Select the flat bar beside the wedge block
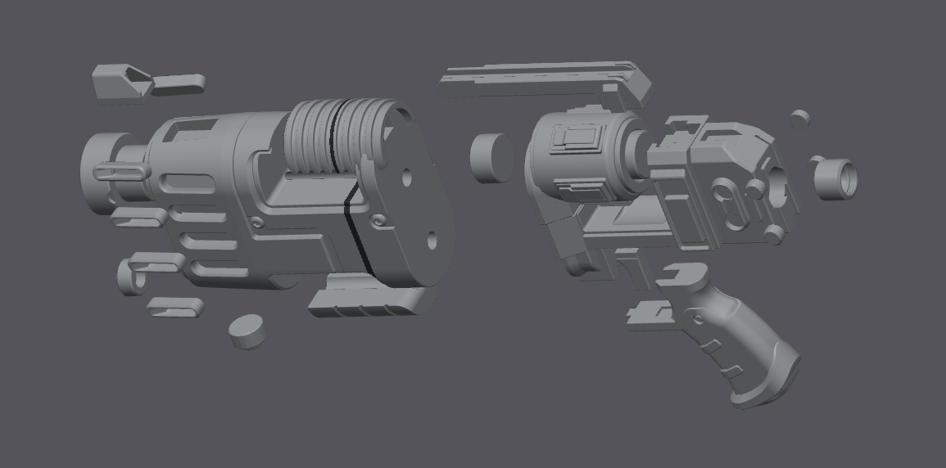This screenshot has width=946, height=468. tap(179, 83)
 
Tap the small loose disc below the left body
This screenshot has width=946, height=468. tap(247, 331)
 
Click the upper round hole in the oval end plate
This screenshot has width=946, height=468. tap(408, 176)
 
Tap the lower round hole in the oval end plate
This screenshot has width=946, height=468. tap(433, 241)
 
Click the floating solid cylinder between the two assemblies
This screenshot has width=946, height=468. tap(491, 157)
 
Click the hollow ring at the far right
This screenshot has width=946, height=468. tap(835, 178)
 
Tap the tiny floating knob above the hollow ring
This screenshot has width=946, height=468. tap(799, 119)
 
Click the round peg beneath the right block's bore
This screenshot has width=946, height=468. tap(773, 235)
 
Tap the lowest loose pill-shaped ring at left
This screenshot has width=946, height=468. tap(175, 308)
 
